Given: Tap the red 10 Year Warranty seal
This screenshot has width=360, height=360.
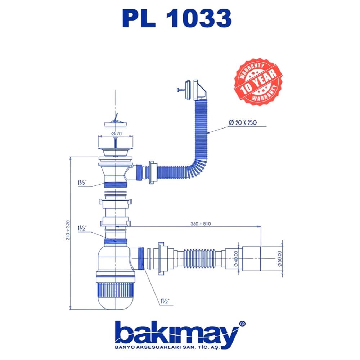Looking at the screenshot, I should click(258, 82).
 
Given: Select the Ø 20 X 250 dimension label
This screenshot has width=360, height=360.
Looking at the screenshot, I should click(242, 122).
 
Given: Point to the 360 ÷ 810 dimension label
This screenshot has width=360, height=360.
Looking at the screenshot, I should click(201, 224).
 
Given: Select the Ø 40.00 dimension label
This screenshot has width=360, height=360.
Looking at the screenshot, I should click(236, 258).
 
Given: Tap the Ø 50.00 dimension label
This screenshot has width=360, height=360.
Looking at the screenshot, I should click(280, 258).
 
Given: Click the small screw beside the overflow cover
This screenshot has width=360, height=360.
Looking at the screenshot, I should click(180, 88).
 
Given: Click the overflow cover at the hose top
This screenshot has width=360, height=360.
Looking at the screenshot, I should click(197, 90).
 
